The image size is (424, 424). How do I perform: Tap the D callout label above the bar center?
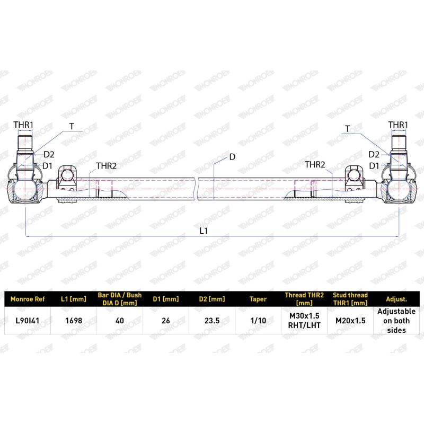pyautogui.click(x=232, y=156)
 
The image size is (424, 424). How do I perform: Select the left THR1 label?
pyautogui.click(x=24, y=125)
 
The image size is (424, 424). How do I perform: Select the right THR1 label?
pyautogui.click(x=398, y=125)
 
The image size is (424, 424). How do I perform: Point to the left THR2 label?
pyautogui.click(x=106, y=165)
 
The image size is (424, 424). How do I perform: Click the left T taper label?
pyautogui.click(x=72, y=126)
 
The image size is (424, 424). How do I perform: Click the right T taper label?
pyautogui.click(x=348, y=129)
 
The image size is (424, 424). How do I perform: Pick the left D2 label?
pyautogui.click(x=49, y=154)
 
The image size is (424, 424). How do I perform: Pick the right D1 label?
pyautogui.click(x=374, y=165)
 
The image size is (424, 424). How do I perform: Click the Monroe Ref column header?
pyautogui.click(x=28, y=299)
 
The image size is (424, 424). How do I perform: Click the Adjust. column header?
pyautogui.click(x=396, y=299)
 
